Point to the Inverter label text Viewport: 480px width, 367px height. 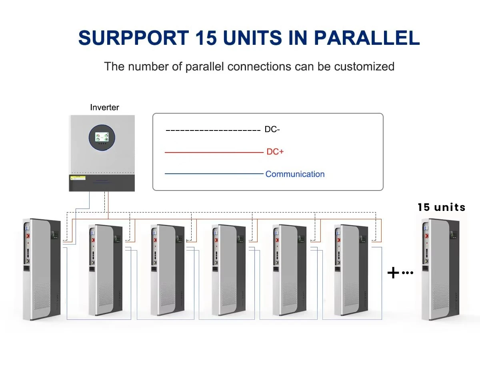[x=104, y=107]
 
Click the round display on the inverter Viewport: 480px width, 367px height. [x=102, y=137]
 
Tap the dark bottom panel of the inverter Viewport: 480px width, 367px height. [x=102, y=183]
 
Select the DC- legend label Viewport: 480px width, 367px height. [x=272, y=130]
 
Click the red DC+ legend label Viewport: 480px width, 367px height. [x=275, y=152]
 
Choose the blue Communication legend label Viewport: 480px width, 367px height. [x=295, y=174]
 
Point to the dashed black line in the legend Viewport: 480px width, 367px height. [x=213, y=130]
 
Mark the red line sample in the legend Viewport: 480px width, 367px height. [x=214, y=152]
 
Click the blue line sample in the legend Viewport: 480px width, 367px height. [x=214, y=174]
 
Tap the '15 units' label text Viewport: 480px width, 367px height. [x=442, y=207]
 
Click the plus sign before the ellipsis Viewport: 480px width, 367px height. [x=394, y=273]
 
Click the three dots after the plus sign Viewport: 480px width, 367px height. [x=407, y=273]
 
